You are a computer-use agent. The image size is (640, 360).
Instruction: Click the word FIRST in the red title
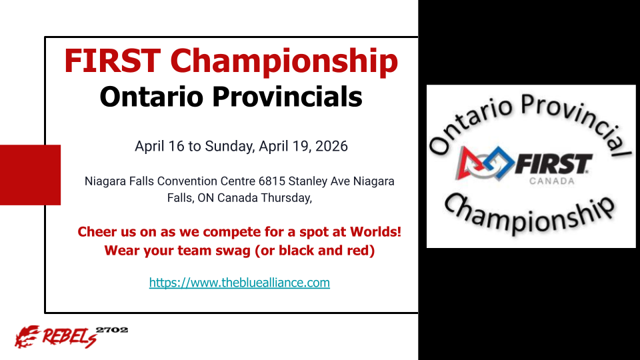click(x=112, y=61)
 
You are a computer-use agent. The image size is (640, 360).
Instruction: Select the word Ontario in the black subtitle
click(x=151, y=97)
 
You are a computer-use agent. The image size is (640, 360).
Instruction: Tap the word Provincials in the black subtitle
click(x=287, y=97)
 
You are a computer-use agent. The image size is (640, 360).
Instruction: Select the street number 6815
click(x=271, y=181)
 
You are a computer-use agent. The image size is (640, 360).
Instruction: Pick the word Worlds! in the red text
click(x=375, y=231)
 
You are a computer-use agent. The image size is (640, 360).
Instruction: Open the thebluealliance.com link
click(x=239, y=283)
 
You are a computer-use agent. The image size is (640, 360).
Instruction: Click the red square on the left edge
click(x=30, y=175)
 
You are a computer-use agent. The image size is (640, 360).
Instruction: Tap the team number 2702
click(x=112, y=330)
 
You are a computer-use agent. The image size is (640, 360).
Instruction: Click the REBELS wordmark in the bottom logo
click(x=69, y=337)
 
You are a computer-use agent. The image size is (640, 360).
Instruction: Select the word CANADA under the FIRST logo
click(x=552, y=181)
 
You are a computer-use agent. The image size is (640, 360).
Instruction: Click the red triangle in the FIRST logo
click(x=466, y=163)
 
